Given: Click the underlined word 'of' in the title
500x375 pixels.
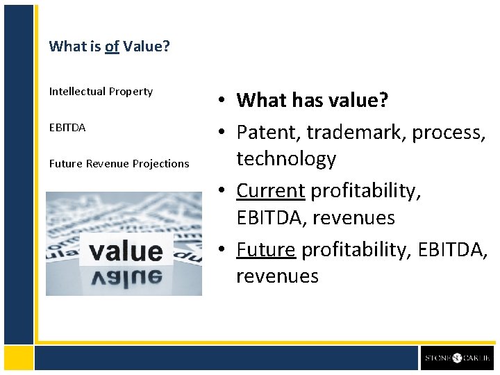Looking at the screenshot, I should (112, 47).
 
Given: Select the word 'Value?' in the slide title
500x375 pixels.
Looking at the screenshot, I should (147, 47).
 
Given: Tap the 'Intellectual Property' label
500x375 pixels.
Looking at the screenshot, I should (101, 92).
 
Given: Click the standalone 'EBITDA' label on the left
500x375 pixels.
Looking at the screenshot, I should (67, 128).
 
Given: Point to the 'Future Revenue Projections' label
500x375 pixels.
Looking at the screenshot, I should (119, 164).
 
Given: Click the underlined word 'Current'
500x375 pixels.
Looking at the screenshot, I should (270, 190).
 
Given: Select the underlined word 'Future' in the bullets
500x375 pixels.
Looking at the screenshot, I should (266, 249).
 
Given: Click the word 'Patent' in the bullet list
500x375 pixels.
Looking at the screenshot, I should (265, 131).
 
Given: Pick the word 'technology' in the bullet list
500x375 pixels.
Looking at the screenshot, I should (286, 159).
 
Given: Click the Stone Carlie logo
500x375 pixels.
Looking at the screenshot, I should (458, 358).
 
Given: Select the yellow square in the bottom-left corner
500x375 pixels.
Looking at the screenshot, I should (19, 358).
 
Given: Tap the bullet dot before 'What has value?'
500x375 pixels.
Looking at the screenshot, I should (218, 101).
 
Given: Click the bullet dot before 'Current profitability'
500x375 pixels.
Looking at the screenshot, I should (218, 190).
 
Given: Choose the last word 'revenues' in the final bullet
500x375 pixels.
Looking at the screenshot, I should (277, 276).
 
